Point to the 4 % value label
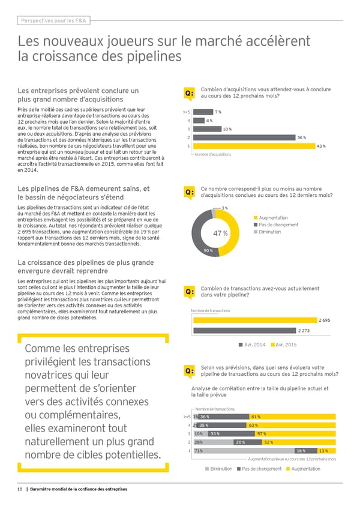(x=208, y=121)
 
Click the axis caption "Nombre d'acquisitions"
(x=214, y=154)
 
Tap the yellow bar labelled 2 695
(x=254, y=321)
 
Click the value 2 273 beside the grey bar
(x=304, y=331)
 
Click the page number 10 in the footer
(x=20, y=489)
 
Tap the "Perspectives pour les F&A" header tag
(x=52, y=21)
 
